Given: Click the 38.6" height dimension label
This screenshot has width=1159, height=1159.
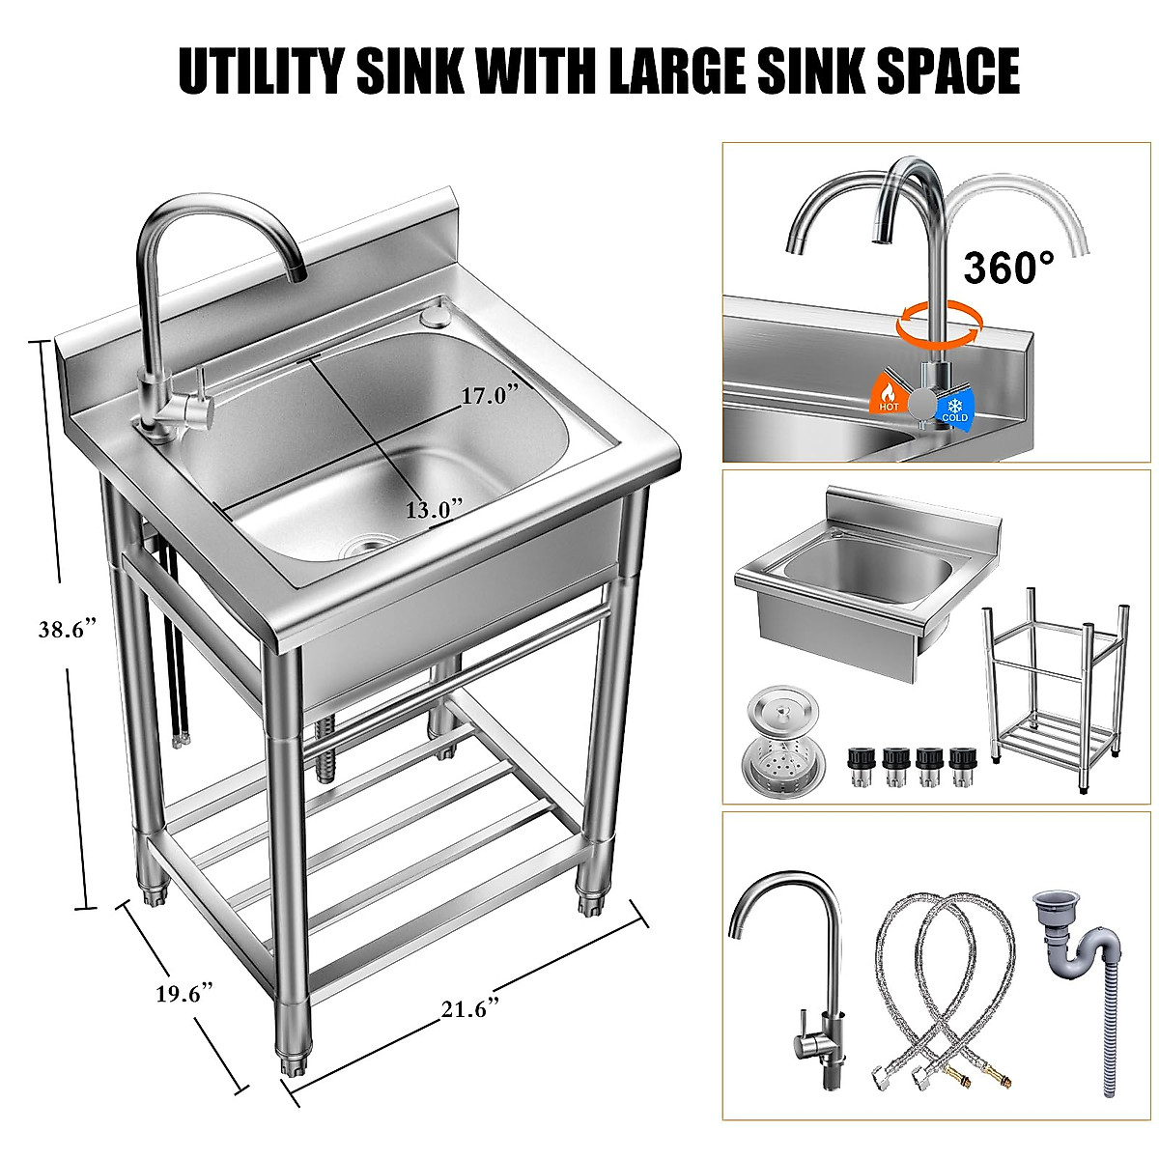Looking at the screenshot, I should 67,629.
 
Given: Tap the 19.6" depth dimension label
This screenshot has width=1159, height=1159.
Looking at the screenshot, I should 184,994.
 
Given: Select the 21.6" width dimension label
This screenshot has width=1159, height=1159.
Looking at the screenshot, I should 470,1008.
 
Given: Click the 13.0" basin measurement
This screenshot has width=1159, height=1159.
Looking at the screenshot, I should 434,508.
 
